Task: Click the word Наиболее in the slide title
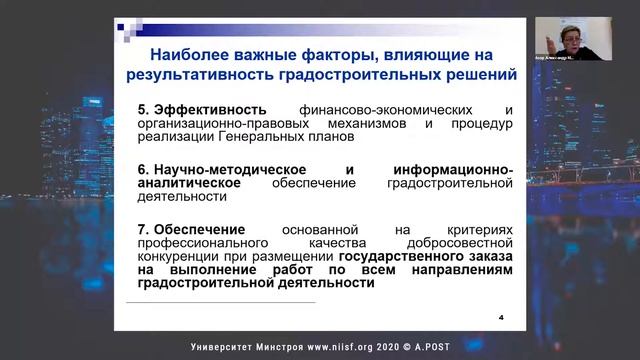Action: pos(188,53)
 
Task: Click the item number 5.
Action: pos(144,108)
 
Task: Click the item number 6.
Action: pos(144,170)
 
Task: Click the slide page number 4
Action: pos(500,317)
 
